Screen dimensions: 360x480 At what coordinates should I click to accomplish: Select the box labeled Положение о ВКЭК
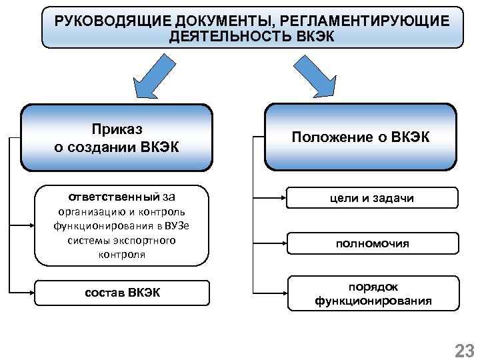point(361,137)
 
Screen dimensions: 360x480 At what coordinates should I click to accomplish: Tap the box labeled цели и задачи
point(373,198)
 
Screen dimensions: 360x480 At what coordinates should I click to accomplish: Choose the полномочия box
point(373,243)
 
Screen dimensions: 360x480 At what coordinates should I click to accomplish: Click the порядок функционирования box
point(373,293)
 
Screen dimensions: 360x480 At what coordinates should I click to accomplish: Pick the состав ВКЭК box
point(122,292)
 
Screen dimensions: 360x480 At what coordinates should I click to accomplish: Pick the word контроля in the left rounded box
point(121,255)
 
